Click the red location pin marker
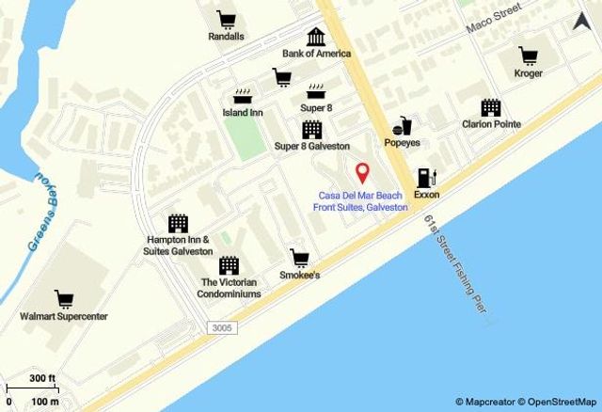[362, 173]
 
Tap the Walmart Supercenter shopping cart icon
[65, 300]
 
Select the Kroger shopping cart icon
[529, 55]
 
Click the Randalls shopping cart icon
[226, 19]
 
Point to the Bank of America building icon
[316, 37]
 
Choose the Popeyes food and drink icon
[403, 125]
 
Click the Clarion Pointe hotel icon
[491, 107]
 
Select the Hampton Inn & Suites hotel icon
[178, 223]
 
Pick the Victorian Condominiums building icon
[230, 264]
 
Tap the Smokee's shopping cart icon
[300, 258]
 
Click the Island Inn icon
[243, 95]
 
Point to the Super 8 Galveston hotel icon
[311, 130]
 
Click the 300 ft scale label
[41, 378]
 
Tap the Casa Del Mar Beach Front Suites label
[361, 201]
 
